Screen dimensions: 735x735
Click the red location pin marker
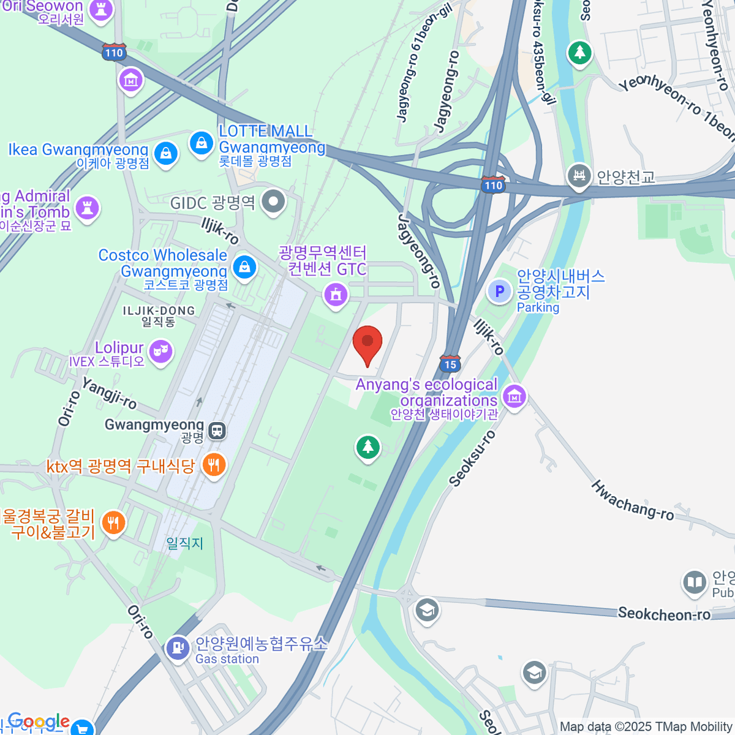pyautogui.click(x=367, y=344)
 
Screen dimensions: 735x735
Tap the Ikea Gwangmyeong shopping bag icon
pyautogui.click(x=166, y=153)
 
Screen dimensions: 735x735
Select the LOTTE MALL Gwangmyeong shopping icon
pyautogui.click(x=201, y=143)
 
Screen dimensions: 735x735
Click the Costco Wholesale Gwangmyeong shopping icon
pyautogui.click(x=244, y=266)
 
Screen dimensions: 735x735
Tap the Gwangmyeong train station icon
pyautogui.click(x=216, y=431)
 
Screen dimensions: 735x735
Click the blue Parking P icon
pyautogui.click(x=499, y=291)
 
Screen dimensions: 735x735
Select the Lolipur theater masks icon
pyautogui.click(x=160, y=351)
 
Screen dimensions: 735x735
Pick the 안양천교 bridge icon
pyautogui.click(x=578, y=176)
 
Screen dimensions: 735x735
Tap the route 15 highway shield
pyautogui.click(x=450, y=364)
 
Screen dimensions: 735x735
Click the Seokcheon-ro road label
pyautogui.click(x=664, y=614)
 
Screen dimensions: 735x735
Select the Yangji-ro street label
pyautogui.click(x=109, y=393)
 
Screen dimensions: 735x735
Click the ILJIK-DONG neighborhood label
pyautogui.click(x=159, y=311)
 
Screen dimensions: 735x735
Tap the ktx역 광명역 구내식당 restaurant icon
pyautogui.click(x=213, y=465)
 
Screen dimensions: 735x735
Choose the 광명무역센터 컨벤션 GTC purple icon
pyautogui.click(x=335, y=295)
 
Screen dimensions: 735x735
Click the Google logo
pyautogui.click(x=38, y=721)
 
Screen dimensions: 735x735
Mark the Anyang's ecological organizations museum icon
pyautogui.click(x=514, y=397)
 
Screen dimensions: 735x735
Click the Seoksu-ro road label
pyautogui.click(x=472, y=459)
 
